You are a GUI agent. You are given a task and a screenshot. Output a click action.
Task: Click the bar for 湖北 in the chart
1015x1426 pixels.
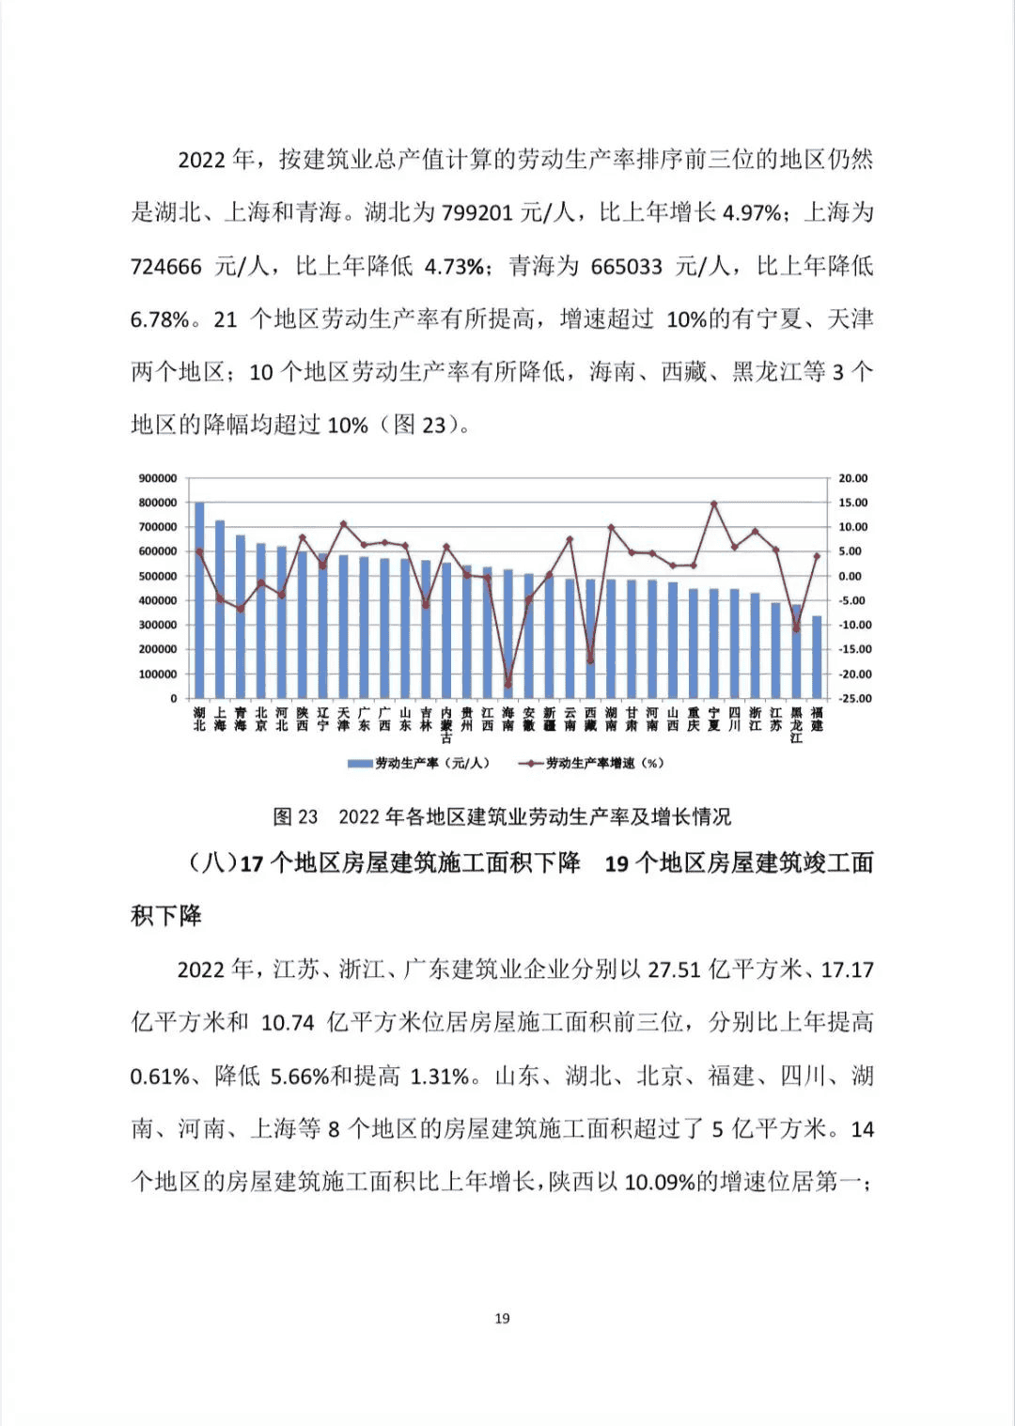pos(199,601)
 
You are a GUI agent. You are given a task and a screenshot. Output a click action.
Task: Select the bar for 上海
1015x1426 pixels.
pos(220,611)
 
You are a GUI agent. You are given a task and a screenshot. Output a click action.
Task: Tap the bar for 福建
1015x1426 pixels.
pos(817,658)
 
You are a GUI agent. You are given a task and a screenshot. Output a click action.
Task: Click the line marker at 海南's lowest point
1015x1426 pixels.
pos(508,685)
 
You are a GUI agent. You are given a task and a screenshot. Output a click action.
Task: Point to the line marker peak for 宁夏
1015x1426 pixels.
pos(714,504)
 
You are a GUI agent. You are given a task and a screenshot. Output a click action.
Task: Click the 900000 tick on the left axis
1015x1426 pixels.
pos(158,479)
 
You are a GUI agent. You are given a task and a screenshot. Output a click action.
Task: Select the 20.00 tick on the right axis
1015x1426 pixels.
pos(853,479)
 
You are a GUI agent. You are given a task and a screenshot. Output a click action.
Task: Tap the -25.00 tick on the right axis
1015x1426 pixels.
pos(854,699)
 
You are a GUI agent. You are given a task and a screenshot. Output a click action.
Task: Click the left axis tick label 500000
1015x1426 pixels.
pos(158,577)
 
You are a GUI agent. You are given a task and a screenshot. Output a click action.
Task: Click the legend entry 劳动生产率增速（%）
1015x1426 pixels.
pos(592,764)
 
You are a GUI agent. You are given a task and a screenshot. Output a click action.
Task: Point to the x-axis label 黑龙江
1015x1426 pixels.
pos(796,725)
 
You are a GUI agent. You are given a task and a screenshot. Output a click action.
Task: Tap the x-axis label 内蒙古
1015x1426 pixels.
pos(446,725)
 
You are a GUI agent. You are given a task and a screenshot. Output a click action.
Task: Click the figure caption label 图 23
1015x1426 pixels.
pos(295,817)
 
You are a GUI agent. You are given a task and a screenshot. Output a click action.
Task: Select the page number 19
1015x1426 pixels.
pos(502,1319)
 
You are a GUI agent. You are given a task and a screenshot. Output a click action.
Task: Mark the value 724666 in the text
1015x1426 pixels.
pos(165,267)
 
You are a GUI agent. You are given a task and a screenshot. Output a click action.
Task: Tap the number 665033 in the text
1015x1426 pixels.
pos(626,267)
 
